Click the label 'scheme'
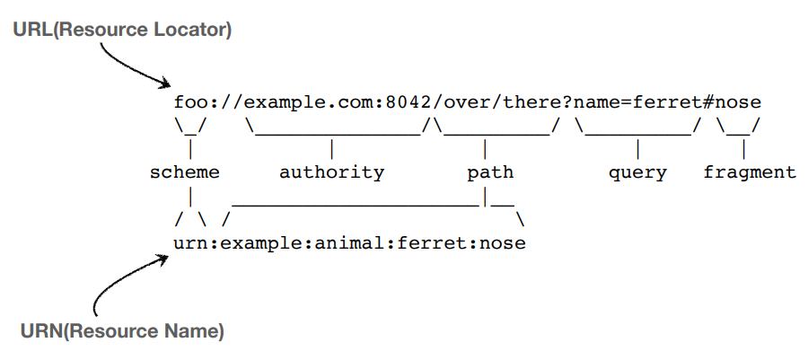tap(185, 172)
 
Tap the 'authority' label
tap(332, 172)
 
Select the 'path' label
tap(490, 172)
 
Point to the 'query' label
tap(637, 172)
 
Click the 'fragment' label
tap(750, 172)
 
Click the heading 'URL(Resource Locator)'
tap(122, 30)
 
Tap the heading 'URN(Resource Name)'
tap(122, 331)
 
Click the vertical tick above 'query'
tap(637, 149)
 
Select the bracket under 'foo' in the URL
tap(190, 127)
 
